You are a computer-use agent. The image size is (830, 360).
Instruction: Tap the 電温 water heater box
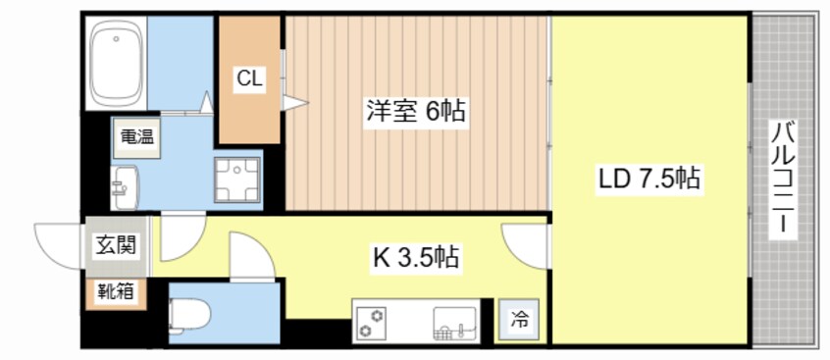136,137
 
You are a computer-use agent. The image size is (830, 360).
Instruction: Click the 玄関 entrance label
110,246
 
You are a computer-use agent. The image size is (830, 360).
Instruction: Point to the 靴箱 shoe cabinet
115,291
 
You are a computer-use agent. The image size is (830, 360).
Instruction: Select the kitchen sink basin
453,320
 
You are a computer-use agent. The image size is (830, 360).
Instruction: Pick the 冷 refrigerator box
519,319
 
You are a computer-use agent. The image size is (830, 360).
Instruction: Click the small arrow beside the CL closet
295,100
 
